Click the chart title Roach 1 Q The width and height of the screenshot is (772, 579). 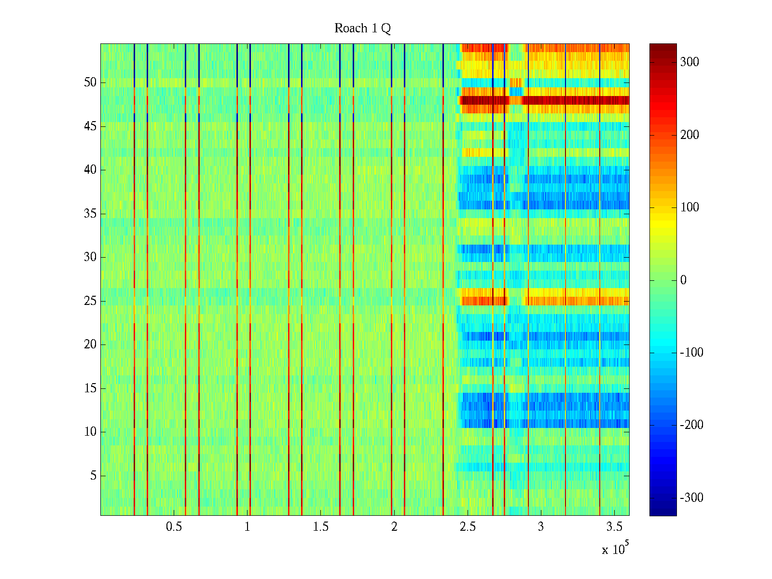362,28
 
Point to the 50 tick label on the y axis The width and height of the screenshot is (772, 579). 90,83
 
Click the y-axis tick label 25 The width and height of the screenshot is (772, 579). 90,301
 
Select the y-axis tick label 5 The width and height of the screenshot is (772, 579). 93,476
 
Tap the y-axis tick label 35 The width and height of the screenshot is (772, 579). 90,214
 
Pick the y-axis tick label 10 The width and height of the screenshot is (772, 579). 90,432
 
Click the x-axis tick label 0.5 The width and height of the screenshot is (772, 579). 174,527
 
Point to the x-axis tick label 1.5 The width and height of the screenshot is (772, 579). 321,527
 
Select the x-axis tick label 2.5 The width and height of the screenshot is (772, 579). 468,527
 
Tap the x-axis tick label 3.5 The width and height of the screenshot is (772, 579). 614,527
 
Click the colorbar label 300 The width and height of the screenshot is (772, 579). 689,62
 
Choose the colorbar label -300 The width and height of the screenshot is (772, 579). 691,498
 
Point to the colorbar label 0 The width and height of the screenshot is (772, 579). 683,280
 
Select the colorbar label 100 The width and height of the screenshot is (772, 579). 689,207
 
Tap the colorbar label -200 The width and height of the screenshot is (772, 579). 691,425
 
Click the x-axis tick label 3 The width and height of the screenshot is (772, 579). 541,527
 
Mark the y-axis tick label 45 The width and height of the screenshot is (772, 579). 90,126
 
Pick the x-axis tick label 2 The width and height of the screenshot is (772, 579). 394,527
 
